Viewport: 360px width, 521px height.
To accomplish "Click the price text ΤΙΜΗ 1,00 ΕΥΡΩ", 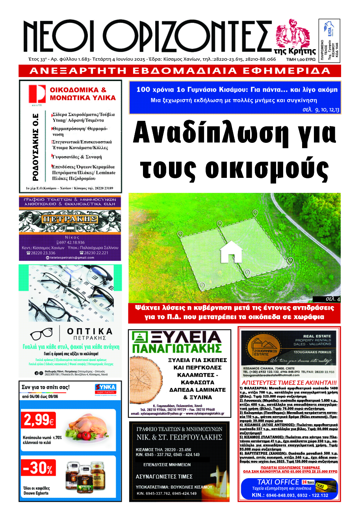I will tap(301, 59).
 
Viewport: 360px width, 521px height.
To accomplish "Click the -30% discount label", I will tap(38, 469).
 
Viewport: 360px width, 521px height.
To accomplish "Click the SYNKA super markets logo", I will tap(105, 389).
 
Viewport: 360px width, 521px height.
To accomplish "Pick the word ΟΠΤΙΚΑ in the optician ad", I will tap(90, 331).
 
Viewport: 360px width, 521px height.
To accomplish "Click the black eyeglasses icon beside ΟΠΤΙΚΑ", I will tap(42, 334).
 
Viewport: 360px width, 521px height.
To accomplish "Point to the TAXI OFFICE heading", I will tap(278, 482).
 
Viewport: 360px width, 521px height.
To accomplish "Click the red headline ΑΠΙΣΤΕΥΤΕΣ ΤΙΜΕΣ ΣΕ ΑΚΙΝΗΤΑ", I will tap(289, 383).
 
